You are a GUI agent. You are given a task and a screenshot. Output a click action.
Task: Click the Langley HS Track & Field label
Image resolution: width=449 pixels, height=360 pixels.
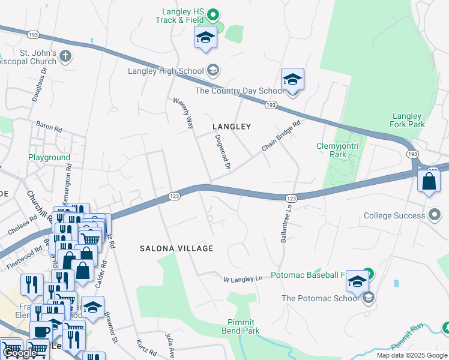tap(184, 16)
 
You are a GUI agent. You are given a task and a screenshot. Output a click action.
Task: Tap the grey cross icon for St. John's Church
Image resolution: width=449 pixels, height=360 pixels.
tap(65, 57)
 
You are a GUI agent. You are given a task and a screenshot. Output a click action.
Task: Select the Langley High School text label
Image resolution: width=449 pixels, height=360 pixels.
tap(166, 71)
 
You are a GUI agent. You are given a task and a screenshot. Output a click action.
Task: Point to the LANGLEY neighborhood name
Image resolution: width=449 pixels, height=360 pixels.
tap(231, 127)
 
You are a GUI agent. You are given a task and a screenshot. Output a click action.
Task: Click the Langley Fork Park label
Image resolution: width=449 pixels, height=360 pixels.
tap(408, 120)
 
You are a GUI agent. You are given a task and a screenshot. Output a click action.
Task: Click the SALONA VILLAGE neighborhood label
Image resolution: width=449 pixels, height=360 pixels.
tap(176, 248)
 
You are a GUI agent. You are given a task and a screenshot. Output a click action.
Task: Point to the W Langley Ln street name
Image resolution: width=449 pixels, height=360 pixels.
tap(243, 279)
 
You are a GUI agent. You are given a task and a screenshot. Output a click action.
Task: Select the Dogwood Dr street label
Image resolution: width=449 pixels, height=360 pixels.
tap(223, 151)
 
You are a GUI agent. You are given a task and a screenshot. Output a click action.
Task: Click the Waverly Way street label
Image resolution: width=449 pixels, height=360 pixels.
tap(184, 113)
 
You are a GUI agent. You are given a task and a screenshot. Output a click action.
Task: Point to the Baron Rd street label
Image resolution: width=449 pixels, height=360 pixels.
tap(49, 128)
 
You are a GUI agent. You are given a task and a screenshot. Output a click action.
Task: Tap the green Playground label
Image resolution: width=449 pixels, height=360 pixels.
tap(49, 158)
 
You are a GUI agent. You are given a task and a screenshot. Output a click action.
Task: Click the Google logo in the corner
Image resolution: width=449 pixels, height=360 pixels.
tap(20, 353)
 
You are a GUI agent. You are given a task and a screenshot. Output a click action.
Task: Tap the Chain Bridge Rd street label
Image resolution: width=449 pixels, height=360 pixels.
tap(280, 136)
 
